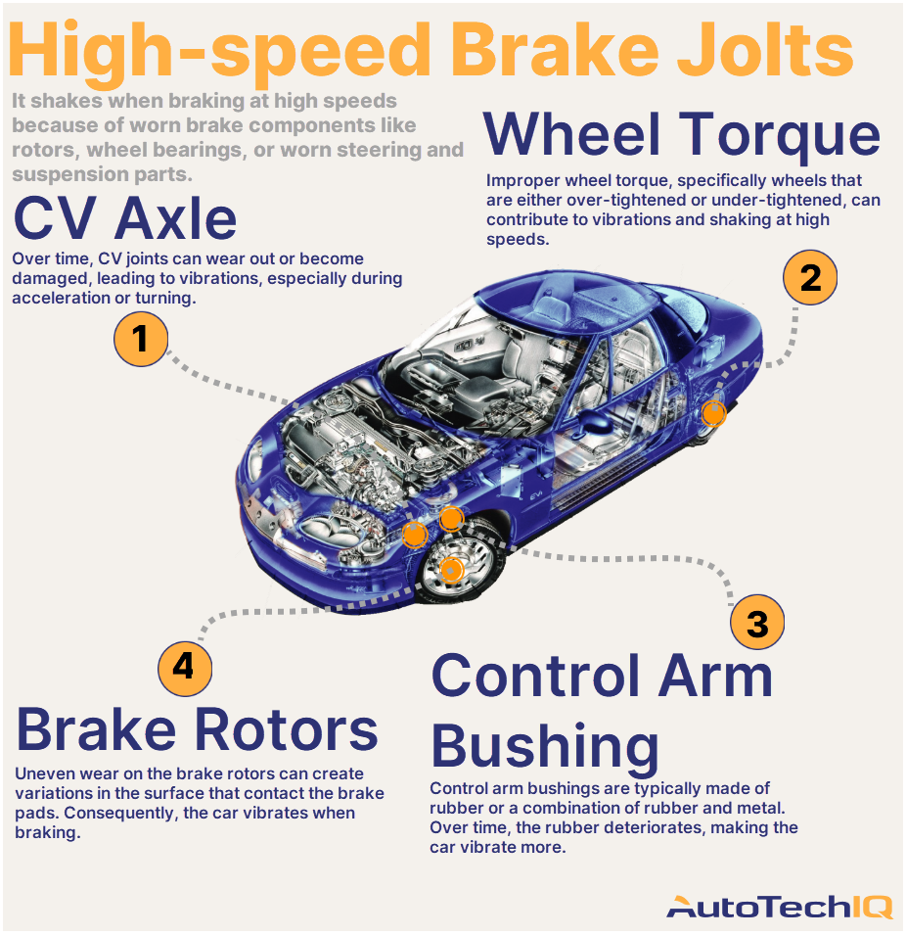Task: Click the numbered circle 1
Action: (141, 339)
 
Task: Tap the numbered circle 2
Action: (810, 278)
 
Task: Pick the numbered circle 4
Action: (184, 668)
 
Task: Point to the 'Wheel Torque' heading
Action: (682, 134)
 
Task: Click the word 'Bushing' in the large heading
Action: (544, 746)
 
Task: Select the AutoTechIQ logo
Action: (779, 908)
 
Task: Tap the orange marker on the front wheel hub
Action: (451, 569)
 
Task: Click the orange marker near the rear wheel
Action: (714, 414)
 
